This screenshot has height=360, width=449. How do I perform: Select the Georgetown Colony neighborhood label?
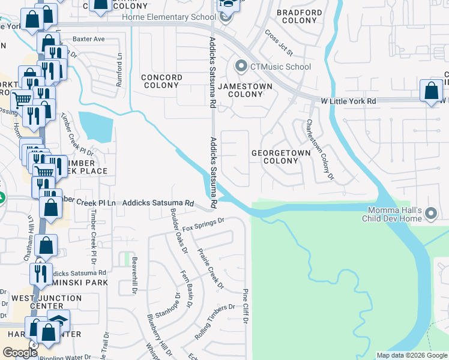click(x=281, y=157)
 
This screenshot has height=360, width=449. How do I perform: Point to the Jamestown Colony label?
click(x=245, y=90)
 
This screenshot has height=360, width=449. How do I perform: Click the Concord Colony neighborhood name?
click(x=161, y=82)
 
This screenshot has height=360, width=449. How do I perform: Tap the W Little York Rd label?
click(x=348, y=101)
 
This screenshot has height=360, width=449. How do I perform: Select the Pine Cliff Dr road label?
click(x=245, y=308)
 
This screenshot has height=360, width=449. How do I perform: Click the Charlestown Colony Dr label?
click(x=320, y=149)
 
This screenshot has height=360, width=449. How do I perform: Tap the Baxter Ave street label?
click(x=89, y=39)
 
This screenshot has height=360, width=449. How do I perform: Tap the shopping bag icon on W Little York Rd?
click(x=431, y=91)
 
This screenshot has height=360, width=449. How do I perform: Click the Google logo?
click(x=20, y=352)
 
